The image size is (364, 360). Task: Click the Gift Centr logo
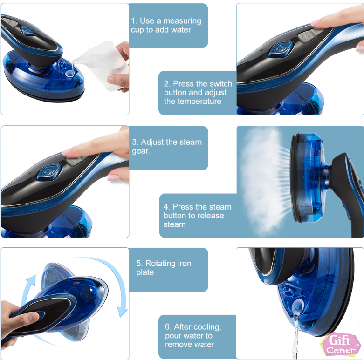[x=340, y=344]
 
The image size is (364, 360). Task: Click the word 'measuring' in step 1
[x=182, y=21]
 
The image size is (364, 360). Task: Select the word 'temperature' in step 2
[x=192, y=102]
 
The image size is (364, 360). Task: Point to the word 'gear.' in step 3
[x=141, y=151]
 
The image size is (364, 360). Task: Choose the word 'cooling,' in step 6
[x=208, y=327]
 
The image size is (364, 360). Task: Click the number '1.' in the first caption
[x=134, y=21]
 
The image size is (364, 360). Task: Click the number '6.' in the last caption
[x=168, y=327]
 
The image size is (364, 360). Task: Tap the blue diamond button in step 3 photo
[x=49, y=172]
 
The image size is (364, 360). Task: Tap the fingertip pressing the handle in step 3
[x=68, y=151]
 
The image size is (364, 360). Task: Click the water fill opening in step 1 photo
[x=69, y=74]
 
